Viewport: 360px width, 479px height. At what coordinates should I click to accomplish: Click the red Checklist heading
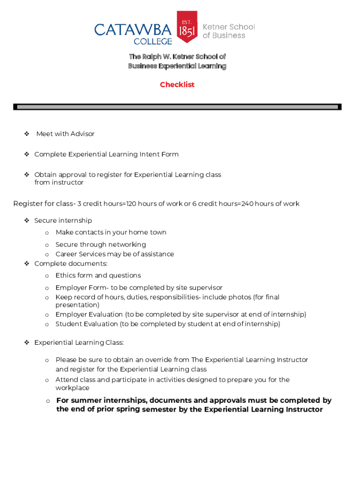177,85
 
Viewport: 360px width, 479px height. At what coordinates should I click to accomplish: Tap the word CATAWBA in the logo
133,30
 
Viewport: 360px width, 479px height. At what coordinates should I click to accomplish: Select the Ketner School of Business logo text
228,31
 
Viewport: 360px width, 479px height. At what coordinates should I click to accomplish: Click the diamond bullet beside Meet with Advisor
27,134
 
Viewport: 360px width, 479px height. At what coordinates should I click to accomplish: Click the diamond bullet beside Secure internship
27,220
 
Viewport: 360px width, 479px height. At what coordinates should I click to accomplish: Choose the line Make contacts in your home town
111,232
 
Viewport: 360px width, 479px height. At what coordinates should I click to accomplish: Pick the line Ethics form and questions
98,276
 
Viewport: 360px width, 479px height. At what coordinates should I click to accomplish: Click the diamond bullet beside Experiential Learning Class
27,343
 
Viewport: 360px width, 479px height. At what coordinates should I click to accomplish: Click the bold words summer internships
103,400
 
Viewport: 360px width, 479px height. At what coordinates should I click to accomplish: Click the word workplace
72,388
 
